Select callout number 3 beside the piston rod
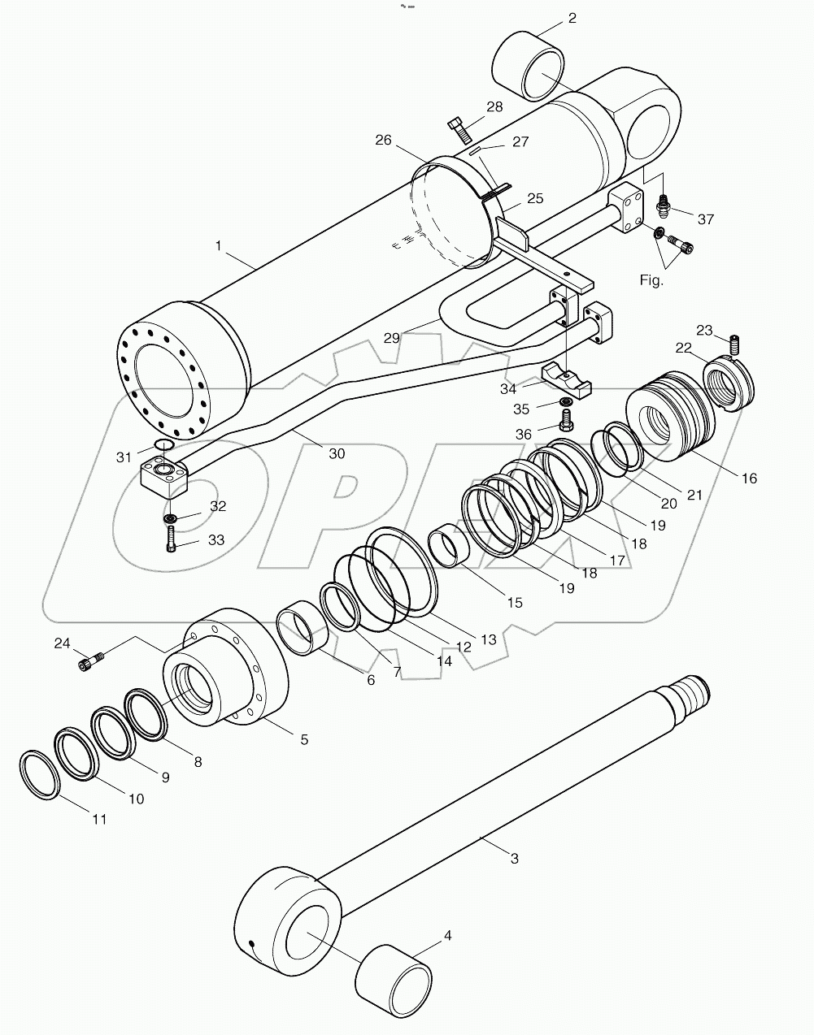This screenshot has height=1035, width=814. [x=514, y=858]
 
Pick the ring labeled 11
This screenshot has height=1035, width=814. [x=41, y=777]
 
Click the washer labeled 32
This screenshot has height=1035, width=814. [x=171, y=518]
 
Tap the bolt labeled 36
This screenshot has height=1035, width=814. [x=567, y=420]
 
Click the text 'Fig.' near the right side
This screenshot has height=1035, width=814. [x=652, y=280]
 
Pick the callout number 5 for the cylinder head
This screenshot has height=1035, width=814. [x=304, y=739]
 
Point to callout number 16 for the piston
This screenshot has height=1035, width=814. [x=748, y=479]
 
